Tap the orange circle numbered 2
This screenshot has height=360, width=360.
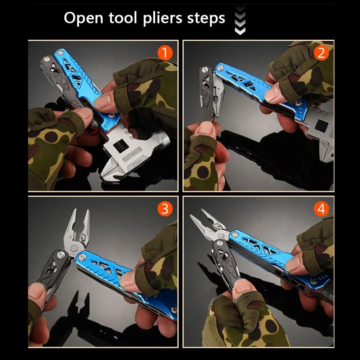321,53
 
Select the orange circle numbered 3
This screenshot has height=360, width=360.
165,209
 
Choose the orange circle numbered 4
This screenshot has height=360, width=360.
321,209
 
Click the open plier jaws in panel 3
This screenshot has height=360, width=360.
77,227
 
